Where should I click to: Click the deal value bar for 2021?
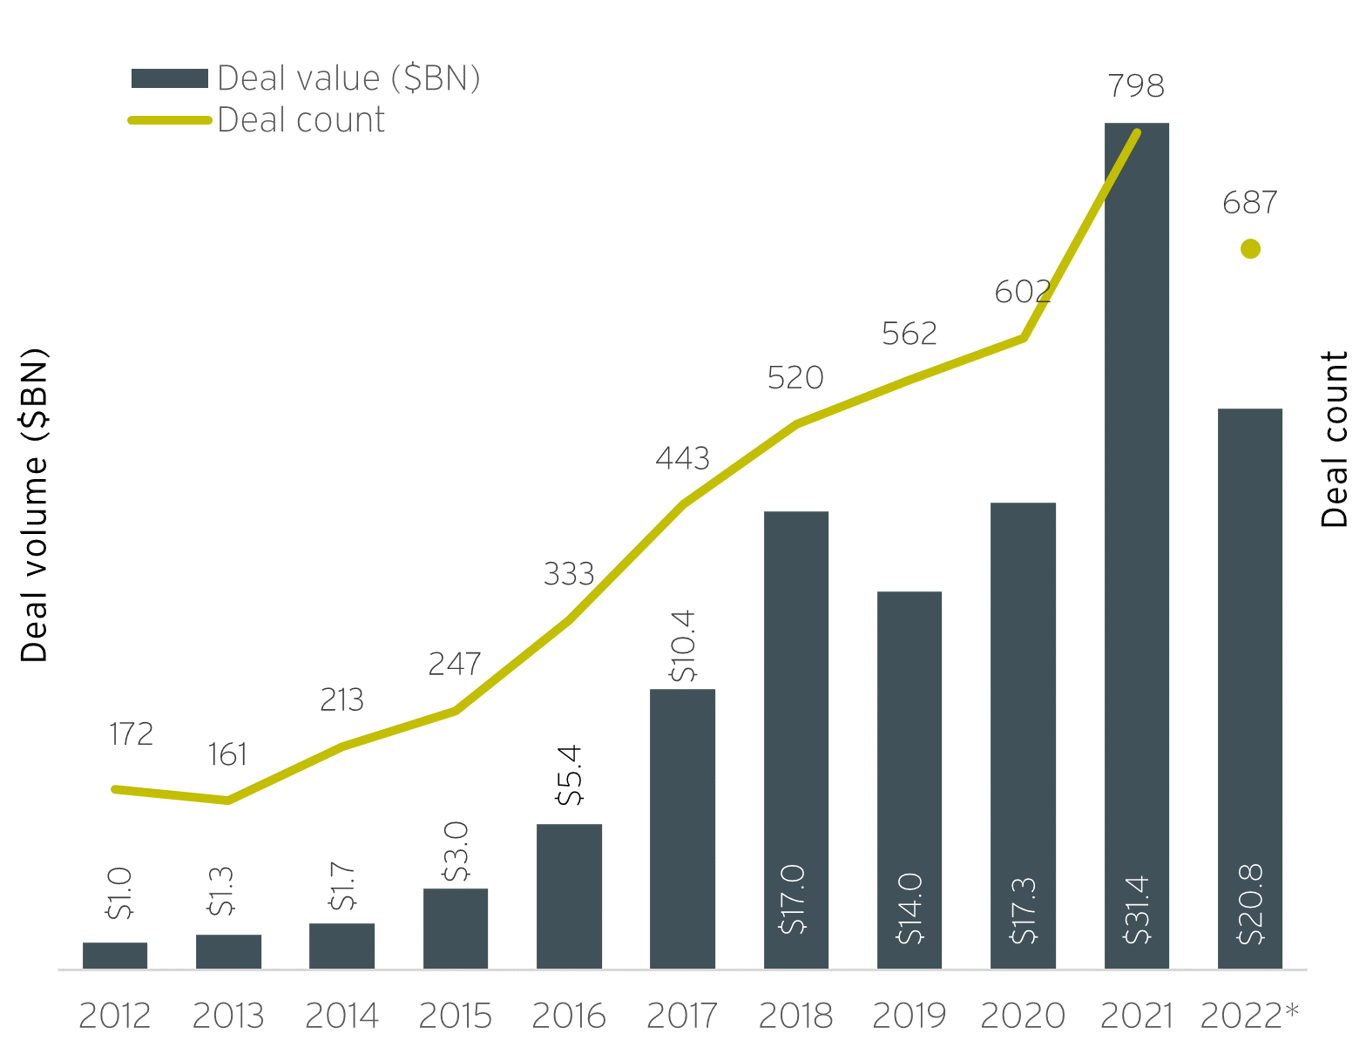[1136, 523]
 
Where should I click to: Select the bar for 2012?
[115, 956]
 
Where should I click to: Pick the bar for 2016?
[569, 897]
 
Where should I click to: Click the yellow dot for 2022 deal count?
[1250, 249]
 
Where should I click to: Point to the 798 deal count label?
[1136, 86]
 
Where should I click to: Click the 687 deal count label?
[1250, 203]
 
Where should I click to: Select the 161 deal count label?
[227, 754]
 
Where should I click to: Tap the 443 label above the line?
[682, 458]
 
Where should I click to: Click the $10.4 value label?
[683, 645]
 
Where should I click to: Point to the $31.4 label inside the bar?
[1137, 910]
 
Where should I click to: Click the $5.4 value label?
[570, 775]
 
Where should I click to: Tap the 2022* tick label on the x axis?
[1249, 1016]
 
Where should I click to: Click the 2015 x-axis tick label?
[456, 1016]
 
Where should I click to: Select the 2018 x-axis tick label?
[795, 1016]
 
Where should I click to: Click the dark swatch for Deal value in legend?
[170, 78]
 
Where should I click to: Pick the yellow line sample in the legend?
[170, 120]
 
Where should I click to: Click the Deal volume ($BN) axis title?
[34, 505]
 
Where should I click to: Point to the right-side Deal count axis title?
[1334, 440]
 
